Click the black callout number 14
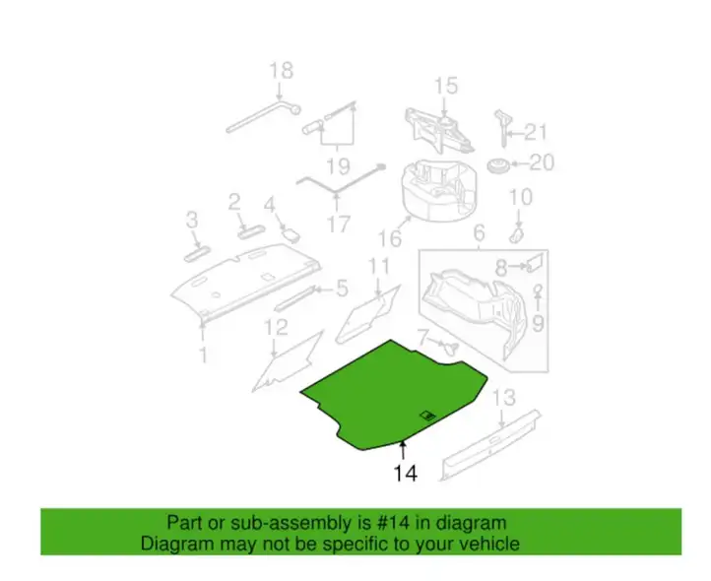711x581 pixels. pyautogui.click(x=406, y=473)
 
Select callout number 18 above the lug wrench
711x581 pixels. pyautogui.click(x=281, y=71)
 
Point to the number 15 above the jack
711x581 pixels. pyautogui.click(x=446, y=87)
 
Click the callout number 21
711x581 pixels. pyautogui.click(x=536, y=132)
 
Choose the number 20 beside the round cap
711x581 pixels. pyautogui.click(x=542, y=162)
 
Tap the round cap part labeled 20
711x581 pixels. pyautogui.click(x=498, y=165)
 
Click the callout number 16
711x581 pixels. pyautogui.click(x=390, y=238)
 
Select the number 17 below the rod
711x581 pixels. pyautogui.click(x=339, y=225)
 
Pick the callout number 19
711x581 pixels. pyautogui.click(x=339, y=166)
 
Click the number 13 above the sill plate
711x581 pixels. pyautogui.click(x=504, y=398)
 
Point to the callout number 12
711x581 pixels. pyautogui.click(x=276, y=327)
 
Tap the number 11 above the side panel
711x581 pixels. pyautogui.click(x=378, y=267)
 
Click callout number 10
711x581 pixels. pyautogui.click(x=521, y=197)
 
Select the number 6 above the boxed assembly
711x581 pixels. pyautogui.click(x=480, y=233)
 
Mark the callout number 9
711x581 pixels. pyautogui.click(x=538, y=323)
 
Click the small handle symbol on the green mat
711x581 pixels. pyautogui.click(x=428, y=416)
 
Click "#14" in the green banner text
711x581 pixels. pyautogui.click(x=393, y=523)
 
